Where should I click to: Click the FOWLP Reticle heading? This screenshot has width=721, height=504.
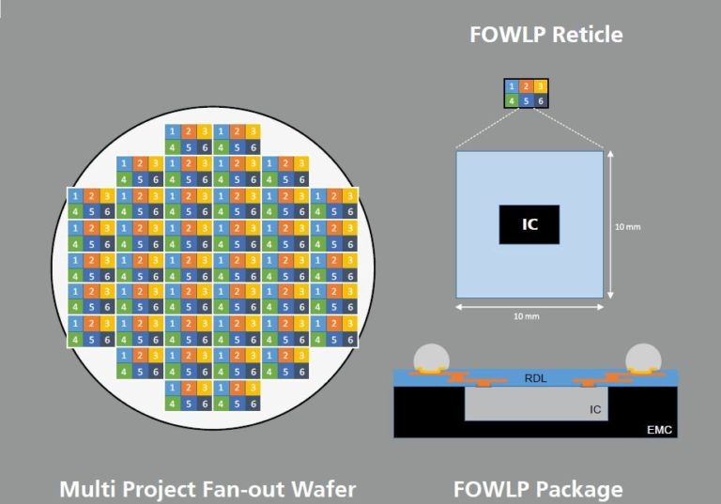click(x=545, y=35)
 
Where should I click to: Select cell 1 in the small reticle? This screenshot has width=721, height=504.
click(x=512, y=86)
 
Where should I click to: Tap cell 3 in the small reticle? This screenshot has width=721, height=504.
click(x=542, y=86)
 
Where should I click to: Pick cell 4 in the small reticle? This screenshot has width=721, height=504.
click(x=512, y=100)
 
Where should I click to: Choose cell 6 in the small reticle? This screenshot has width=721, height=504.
click(x=542, y=100)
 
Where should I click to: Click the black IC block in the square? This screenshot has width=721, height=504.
click(x=529, y=224)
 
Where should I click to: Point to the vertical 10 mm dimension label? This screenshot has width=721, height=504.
click(x=626, y=227)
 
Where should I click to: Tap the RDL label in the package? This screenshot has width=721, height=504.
click(x=533, y=379)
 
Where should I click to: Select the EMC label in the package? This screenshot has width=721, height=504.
click(x=659, y=429)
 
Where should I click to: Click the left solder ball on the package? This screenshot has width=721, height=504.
click(x=431, y=359)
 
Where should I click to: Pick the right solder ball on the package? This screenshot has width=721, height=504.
click(x=643, y=359)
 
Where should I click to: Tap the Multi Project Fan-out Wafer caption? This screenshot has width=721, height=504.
click(x=207, y=489)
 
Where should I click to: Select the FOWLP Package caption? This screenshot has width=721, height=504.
click(x=538, y=489)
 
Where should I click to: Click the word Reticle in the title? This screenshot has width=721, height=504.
click(x=586, y=35)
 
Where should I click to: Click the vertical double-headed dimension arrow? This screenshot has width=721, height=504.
click(x=611, y=225)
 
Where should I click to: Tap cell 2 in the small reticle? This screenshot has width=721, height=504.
click(x=527, y=86)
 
